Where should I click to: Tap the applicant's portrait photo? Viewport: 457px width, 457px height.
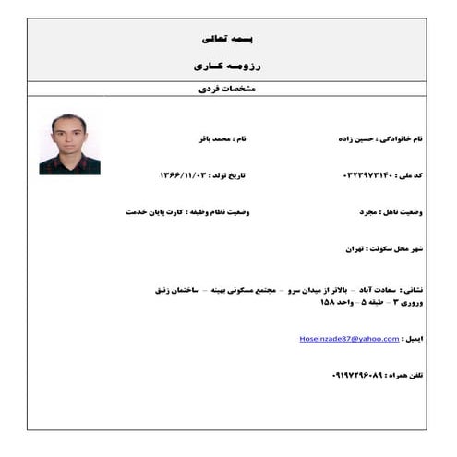[69, 144]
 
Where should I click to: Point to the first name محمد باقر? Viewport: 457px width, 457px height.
[203, 138]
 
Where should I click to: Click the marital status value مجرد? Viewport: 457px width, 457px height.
[368, 211]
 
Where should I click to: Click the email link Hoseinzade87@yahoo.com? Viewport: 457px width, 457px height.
[350, 339]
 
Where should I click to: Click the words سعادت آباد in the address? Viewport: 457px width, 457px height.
[359, 288]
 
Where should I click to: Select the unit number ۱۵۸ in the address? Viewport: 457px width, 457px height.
[330, 302]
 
